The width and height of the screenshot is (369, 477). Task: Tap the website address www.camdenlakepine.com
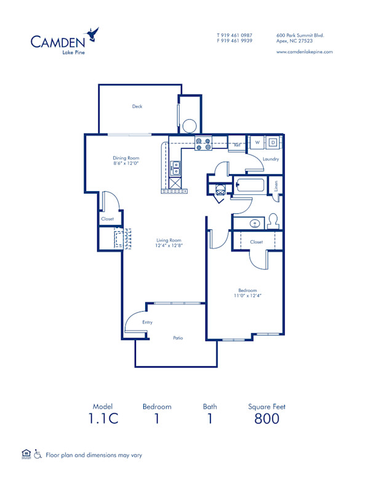pyautogui.click(x=304, y=52)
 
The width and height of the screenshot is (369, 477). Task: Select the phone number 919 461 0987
pyautogui.click(x=237, y=35)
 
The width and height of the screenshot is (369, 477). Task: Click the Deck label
pyautogui.click(x=137, y=106)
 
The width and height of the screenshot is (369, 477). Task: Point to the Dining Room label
pyautogui.click(x=125, y=158)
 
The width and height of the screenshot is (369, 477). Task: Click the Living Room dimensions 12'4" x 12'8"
pyautogui.click(x=169, y=245)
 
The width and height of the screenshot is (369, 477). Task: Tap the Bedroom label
pyautogui.click(x=248, y=290)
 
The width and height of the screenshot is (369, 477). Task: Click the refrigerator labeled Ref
pyautogui.click(x=237, y=146)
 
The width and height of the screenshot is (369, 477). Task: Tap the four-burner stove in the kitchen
pyautogui.click(x=204, y=144)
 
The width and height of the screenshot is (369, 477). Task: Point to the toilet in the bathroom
pyautogui.click(x=274, y=220)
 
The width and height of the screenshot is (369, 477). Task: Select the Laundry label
pyautogui.click(x=271, y=159)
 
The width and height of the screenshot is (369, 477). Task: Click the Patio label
pyautogui.click(x=177, y=337)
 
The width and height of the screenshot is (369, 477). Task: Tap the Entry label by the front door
pyautogui.click(x=147, y=322)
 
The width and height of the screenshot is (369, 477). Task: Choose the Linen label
pyautogui.click(x=276, y=184)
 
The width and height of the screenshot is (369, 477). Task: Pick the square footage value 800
pyautogui.click(x=266, y=419)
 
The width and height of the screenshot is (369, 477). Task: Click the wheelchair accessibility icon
pyautogui.click(x=38, y=455)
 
